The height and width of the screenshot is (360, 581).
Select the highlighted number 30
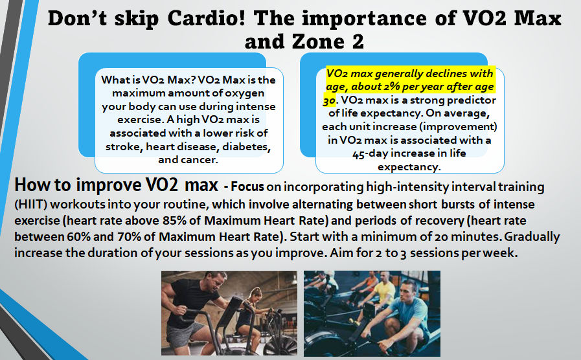click(330, 100)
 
